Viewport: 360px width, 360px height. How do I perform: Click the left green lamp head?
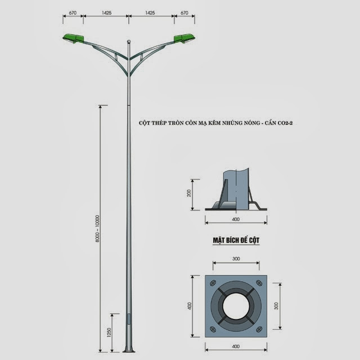tap(74, 38)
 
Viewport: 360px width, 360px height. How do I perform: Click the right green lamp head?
tap(184, 38)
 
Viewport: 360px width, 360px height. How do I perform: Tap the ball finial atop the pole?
tap(129, 42)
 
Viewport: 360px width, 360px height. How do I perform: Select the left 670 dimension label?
tap(73, 13)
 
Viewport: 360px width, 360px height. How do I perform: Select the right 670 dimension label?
tap(184, 13)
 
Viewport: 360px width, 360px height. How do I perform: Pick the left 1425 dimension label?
tap(106, 13)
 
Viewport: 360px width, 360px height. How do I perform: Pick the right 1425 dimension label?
tap(150, 13)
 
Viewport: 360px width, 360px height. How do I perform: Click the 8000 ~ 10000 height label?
tap(97, 229)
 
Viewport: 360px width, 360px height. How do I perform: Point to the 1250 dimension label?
tap(109, 332)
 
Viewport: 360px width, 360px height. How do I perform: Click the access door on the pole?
tap(129, 319)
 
